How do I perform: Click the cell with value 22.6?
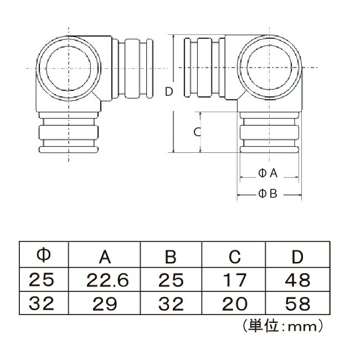pyautogui.click(x=107, y=280)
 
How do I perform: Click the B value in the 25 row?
pyautogui.click(x=171, y=280)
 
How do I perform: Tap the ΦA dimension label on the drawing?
pyautogui.click(x=268, y=173)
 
